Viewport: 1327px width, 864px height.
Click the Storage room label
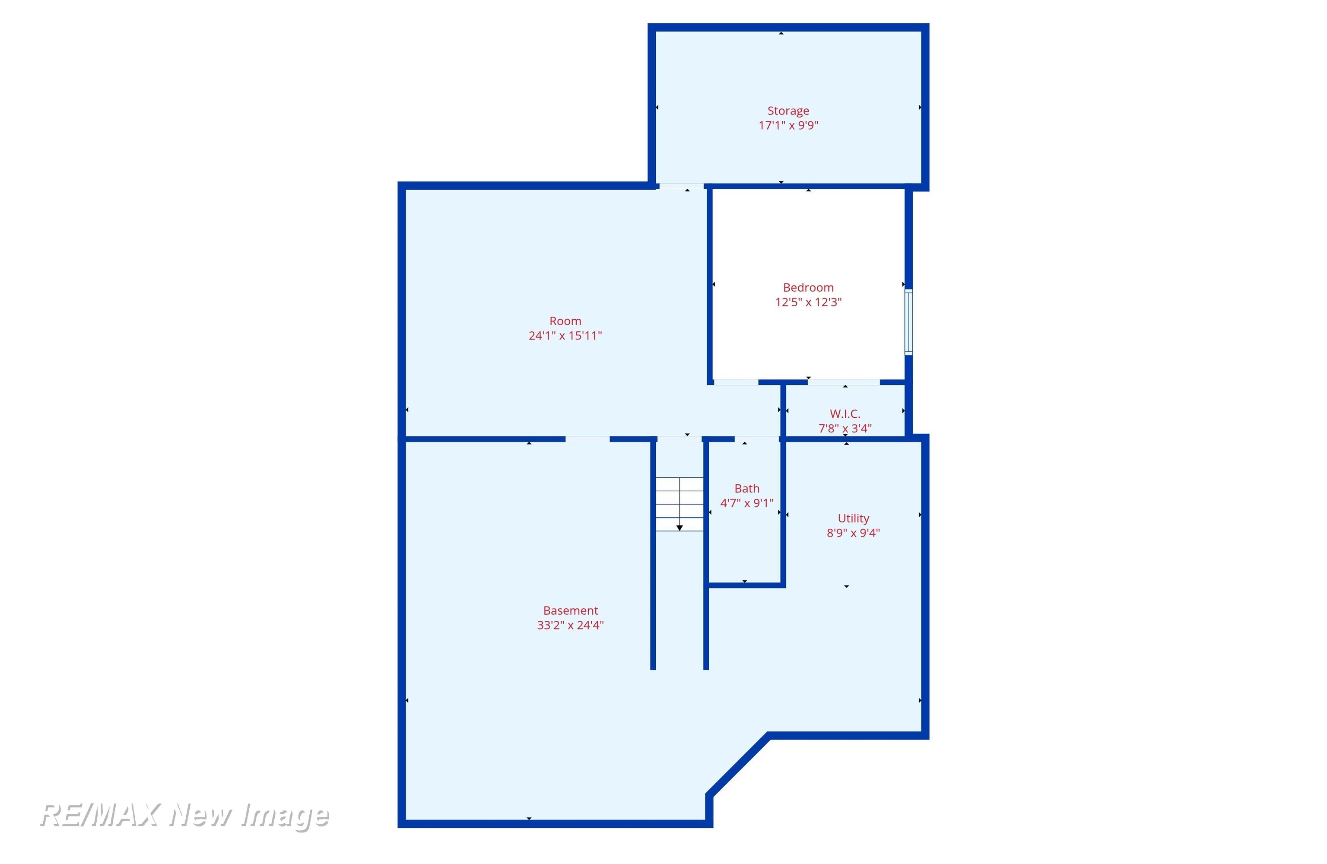click(x=788, y=111)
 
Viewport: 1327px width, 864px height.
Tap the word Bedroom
click(x=808, y=288)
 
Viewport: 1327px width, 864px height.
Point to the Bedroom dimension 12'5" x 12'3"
click(x=808, y=302)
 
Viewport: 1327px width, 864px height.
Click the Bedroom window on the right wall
click(x=908, y=322)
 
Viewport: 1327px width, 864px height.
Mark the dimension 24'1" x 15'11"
click(x=565, y=336)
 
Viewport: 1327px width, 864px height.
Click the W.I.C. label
click(x=844, y=414)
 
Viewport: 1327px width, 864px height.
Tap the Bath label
click(x=746, y=489)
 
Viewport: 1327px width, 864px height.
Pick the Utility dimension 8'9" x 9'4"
click(x=853, y=533)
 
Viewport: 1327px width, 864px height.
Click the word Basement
click(x=570, y=611)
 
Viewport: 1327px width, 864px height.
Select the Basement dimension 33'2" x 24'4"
click(x=570, y=625)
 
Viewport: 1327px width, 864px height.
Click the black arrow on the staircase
click(x=679, y=527)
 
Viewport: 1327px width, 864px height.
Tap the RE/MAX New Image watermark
click(x=184, y=816)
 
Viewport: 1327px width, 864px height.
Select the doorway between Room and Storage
click(x=681, y=186)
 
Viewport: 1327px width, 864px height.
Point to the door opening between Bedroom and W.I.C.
click(x=844, y=382)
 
